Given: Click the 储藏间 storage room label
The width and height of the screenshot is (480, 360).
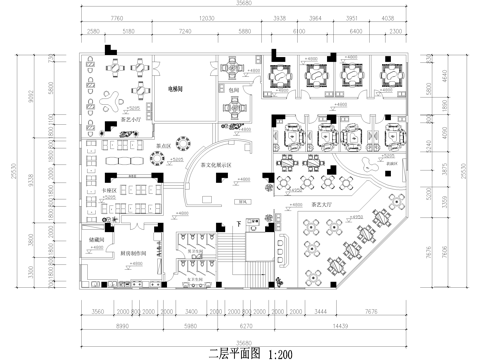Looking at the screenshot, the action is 97,238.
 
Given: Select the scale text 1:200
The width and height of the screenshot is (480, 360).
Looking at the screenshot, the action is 278,353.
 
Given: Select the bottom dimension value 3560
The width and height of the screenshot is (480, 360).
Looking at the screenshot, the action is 97,311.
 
